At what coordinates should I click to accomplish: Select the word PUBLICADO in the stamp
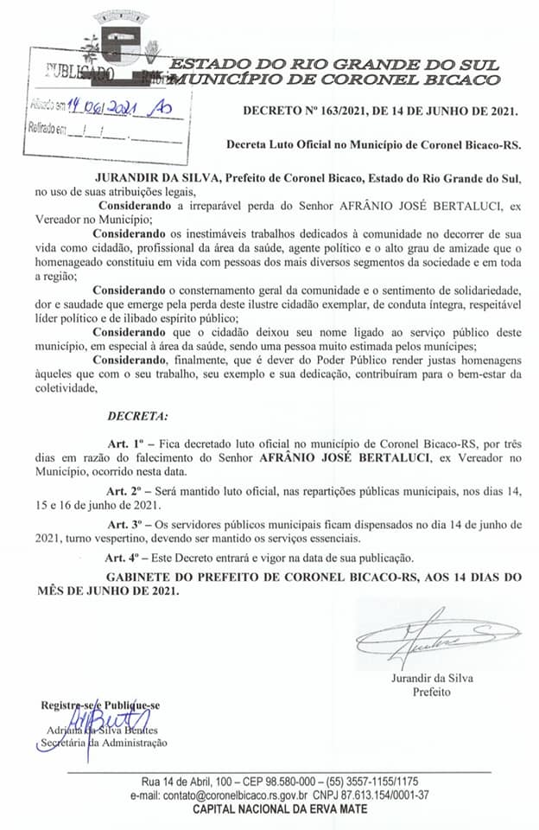point(73,73)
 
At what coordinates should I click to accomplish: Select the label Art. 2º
point(126,491)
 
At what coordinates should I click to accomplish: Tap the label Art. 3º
point(126,524)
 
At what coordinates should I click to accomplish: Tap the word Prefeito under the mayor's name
point(432,692)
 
